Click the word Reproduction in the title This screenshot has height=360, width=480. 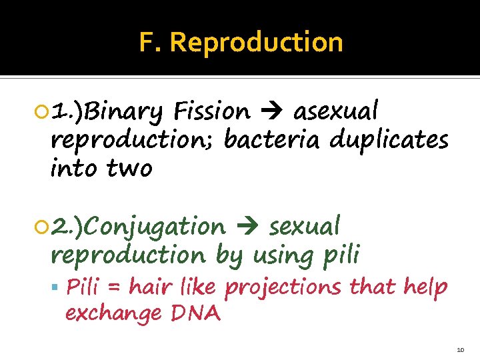(x=257, y=43)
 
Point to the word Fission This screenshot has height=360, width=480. (x=210, y=110)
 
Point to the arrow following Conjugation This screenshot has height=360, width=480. (x=247, y=228)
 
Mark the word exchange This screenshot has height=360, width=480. (x=113, y=313)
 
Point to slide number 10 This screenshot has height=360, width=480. (x=460, y=349)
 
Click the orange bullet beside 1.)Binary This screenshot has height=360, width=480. (x=43, y=111)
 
